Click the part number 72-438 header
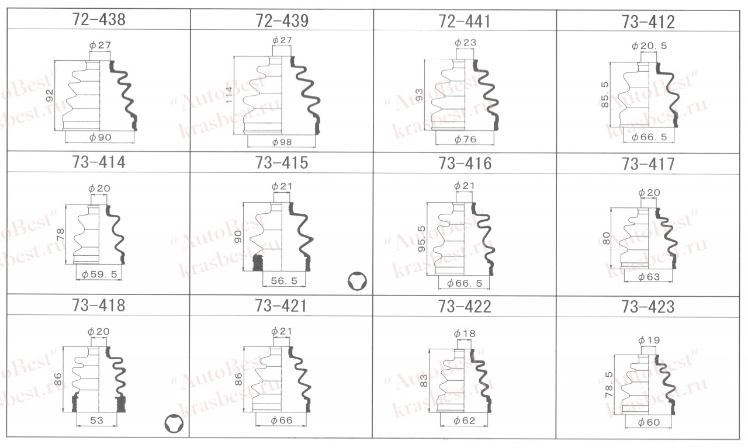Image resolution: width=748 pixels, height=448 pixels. click(x=99, y=19)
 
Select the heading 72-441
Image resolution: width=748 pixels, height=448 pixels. click(x=465, y=22)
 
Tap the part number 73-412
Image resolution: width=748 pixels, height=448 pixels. click(x=648, y=22)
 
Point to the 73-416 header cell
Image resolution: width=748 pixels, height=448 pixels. click(x=465, y=164)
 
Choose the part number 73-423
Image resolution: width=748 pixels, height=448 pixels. click(x=648, y=307)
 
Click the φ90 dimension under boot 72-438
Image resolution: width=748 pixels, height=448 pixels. click(x=100, y=137)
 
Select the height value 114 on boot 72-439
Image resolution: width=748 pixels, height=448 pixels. click(x=229, y=95)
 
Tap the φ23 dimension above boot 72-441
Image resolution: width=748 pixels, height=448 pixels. click(x=465, y=43)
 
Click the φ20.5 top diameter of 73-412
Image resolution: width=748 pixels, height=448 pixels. click(x=649, y=46)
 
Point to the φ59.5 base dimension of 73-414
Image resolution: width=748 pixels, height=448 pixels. click(x=99, y=275)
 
